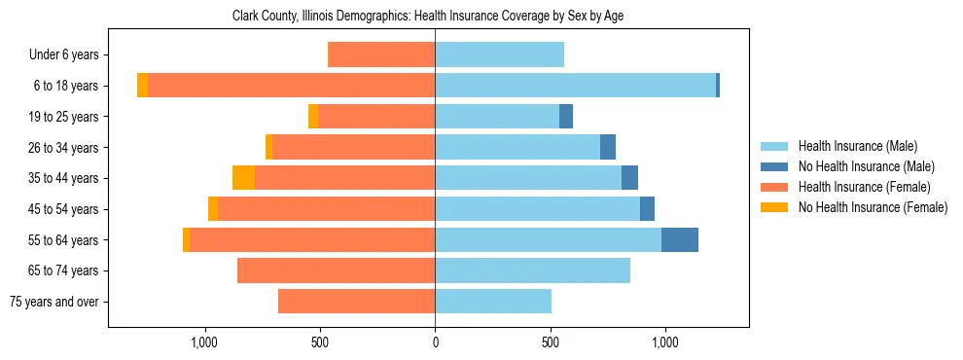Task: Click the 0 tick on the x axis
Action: tap(435, 342)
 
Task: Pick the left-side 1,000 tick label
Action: tap(204, 342)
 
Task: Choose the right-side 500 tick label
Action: tap(551, 342)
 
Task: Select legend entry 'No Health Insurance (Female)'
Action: tap(873, 207)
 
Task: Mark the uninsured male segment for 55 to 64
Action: tap(680, 240)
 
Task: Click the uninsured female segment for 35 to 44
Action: tap(243, 178)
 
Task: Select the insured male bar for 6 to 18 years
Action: tap(575, 86)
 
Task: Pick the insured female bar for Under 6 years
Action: tap(381, 55)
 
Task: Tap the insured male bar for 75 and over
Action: tap(493, 302)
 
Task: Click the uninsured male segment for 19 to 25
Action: tap(566, 117)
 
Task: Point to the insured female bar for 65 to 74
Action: tap(336, 270)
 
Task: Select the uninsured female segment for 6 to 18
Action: tap(143, 86)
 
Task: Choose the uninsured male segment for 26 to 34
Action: tap(608, 147)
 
